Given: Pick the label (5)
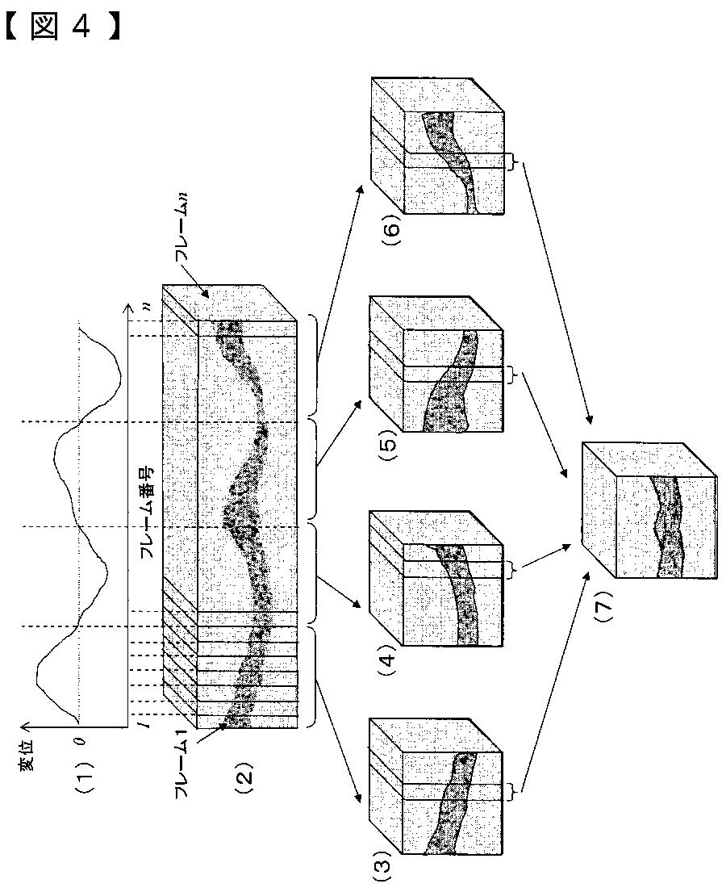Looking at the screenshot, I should [x=386, y=449].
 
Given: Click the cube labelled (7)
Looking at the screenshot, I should [x=649, y=511].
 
